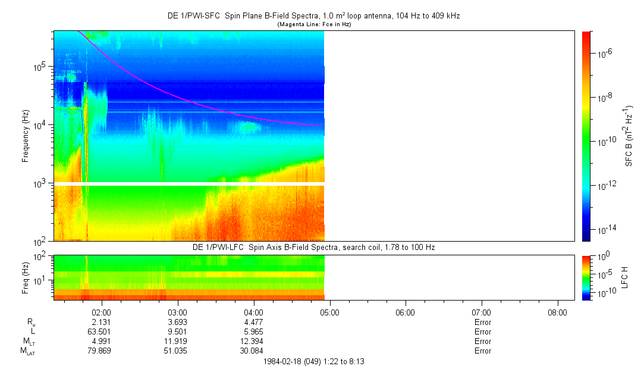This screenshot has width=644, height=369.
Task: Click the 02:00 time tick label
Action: point(102,312)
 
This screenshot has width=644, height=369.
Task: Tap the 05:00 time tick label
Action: point(329,312)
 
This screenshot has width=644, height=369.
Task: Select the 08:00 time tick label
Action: point(557,312)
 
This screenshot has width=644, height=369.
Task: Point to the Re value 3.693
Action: point(178,322)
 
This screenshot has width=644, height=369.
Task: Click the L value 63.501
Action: point(102,332)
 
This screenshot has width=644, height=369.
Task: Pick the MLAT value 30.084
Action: point(253,351)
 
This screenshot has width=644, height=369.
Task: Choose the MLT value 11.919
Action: point(178,341)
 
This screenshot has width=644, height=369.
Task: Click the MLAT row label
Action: point(27,351)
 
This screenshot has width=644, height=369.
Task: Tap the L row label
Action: point(33,332)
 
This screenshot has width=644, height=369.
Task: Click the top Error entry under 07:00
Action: point(482,322)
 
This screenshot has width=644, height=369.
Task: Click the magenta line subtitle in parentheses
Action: point(315,24)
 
